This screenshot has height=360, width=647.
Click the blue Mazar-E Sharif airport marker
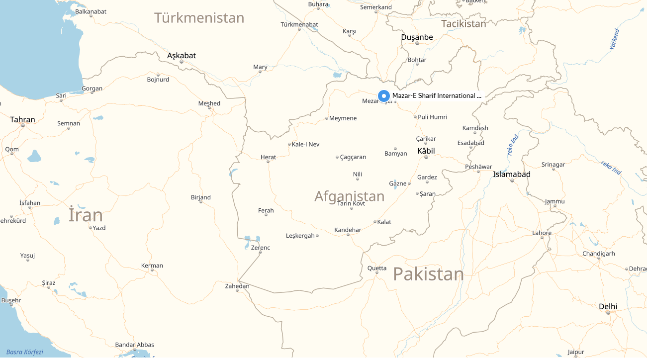(383, 96)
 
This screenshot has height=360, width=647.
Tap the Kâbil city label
(426, 151)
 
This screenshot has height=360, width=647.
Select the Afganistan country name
(349, 196)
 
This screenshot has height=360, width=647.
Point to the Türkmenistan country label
(199, 18)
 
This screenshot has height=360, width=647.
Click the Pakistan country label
(428, 274)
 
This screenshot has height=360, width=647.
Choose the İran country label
(86, 215)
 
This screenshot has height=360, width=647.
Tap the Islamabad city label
(511, 174)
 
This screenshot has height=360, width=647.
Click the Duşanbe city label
(417, 37)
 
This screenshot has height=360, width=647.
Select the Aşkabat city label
(182, 56)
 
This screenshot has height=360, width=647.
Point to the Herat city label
(268, 157)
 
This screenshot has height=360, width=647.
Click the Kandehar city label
(348, 230)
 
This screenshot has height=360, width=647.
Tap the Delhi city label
(608, 306)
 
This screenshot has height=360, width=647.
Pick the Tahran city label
(23, 120)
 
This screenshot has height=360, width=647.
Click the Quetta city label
(376, 268)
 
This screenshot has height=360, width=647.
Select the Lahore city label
(542, 233)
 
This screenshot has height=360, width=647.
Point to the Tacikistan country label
(463, 23)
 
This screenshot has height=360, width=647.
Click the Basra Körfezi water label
(25, 352)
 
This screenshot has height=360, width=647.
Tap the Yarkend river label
(616, 39)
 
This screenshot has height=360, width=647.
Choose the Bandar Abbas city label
(134, 345)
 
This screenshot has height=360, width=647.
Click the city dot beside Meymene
(327, 118)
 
